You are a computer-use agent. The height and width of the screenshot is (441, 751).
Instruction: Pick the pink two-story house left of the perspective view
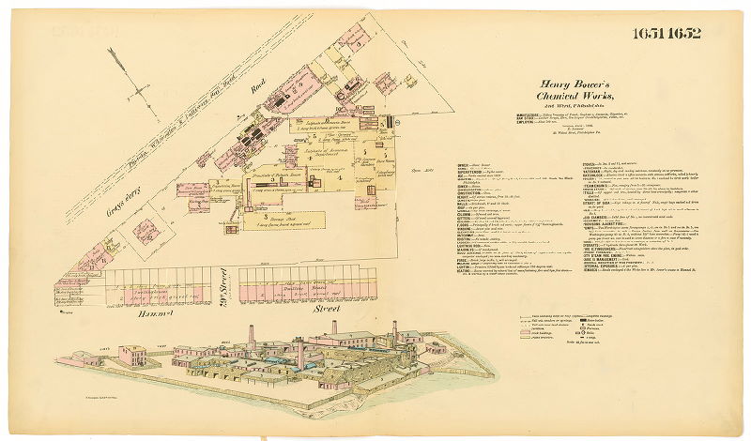tap(133, 356)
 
